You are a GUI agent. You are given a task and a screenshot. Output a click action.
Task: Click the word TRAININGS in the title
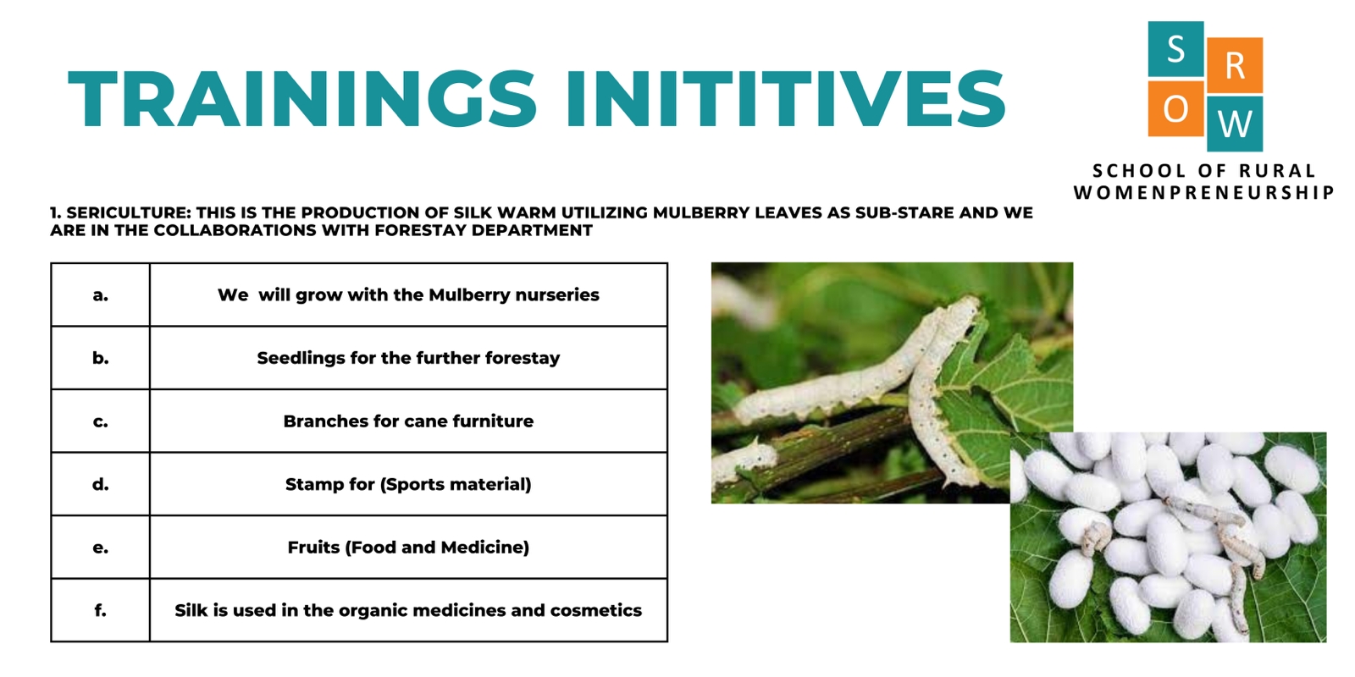click(302, 98)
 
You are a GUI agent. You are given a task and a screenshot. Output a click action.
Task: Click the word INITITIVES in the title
click(785, 98)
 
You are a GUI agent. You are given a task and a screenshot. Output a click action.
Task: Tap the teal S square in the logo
click(1175, 49)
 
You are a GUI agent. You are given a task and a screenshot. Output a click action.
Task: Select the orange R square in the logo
click(1235, 65)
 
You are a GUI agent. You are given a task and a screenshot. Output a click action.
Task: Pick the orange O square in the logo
click(1175, 109)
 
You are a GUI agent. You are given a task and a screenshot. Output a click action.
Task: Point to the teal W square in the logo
click(1235, 124)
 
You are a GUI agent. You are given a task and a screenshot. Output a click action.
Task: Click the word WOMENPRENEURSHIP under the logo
click(1203, 193)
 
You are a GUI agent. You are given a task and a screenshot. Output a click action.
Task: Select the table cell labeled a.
click(101, 295)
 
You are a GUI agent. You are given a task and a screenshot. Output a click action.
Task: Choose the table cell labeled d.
click(101, 484)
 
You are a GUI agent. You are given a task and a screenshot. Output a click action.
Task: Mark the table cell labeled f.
click(101, 610)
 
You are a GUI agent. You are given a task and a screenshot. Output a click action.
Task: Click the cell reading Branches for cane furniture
click(408, 421)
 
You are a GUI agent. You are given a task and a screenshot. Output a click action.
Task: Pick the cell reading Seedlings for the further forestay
click(408, 358)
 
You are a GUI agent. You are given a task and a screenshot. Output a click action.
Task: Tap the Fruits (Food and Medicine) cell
click(408, 547)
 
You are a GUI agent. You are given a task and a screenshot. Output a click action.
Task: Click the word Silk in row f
click(191, 610)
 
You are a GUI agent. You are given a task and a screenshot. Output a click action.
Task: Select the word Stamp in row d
click(308, 485)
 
